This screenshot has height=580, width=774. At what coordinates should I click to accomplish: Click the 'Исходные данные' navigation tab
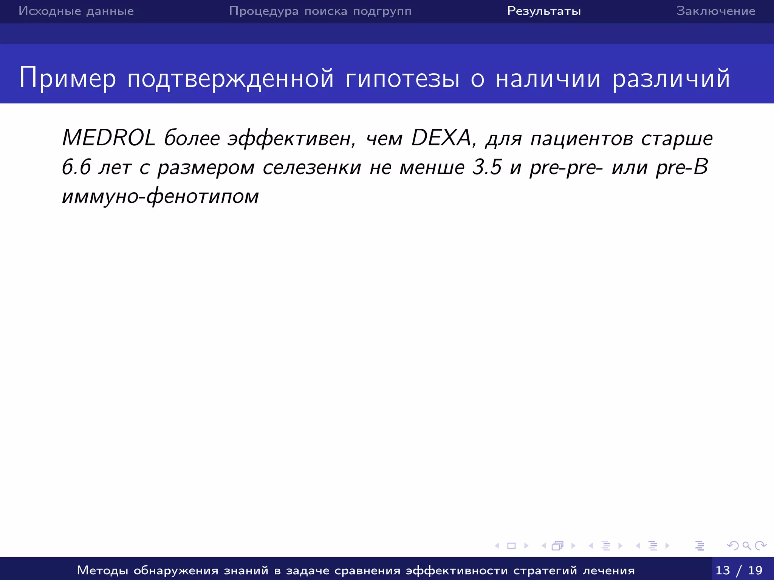point(76,11)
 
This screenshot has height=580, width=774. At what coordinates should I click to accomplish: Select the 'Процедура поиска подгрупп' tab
point(320,11)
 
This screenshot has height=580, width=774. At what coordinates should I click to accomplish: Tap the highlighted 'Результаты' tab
point(544,11)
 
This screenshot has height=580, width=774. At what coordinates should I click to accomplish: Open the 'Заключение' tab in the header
point(716,11)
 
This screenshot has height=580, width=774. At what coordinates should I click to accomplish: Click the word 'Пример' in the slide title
point(68,79)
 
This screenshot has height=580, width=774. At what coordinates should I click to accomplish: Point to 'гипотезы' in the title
point(402,79)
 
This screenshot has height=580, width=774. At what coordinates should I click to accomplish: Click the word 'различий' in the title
point(671,79)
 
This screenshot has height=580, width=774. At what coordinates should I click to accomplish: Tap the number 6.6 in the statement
point(76,167)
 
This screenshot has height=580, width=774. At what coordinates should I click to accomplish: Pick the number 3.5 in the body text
point(487,167)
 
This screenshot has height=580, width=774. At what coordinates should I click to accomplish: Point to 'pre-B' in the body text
point(682,167)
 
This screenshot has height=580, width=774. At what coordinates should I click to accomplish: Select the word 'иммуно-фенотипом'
point(161,196)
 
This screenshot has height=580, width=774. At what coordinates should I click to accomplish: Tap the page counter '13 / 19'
point(739,570)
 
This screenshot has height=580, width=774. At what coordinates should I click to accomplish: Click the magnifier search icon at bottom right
point(746,546)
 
